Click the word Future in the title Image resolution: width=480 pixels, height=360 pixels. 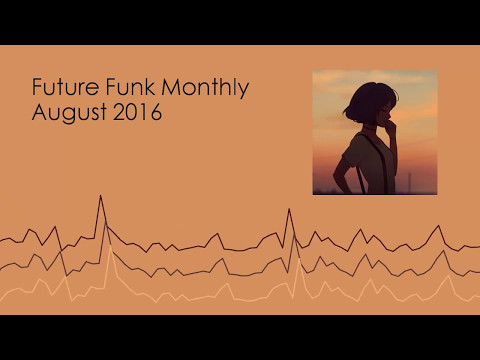[62, 88]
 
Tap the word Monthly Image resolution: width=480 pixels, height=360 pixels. [205, 89]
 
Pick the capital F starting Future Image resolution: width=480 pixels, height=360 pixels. [38, 88]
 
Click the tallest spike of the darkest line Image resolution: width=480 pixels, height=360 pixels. [100, 196]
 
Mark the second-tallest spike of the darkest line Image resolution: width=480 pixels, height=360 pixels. [289, 209]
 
